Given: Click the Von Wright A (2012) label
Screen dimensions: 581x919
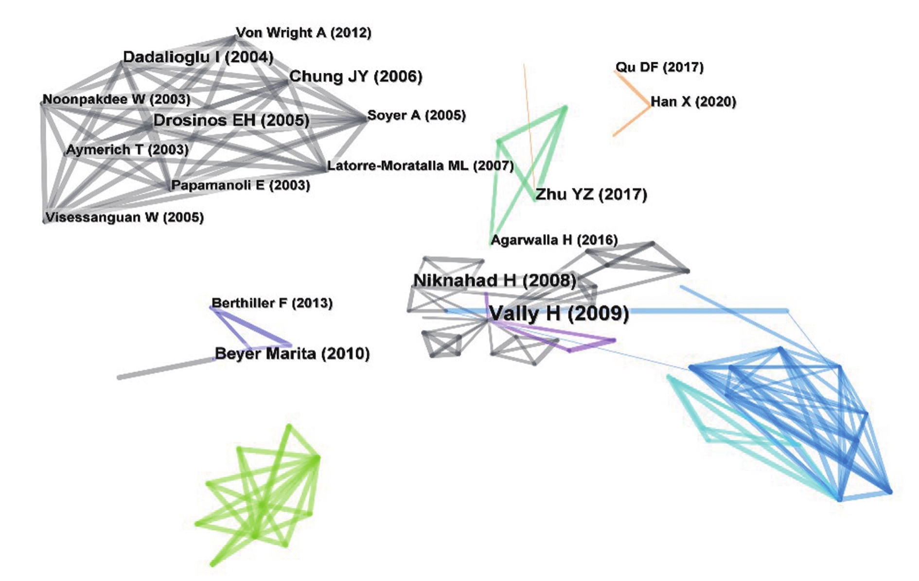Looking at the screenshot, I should coord(303,33).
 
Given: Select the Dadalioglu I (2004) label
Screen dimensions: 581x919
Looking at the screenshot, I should coord(198,57).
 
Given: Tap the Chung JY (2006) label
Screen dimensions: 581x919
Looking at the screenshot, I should coord(355,76).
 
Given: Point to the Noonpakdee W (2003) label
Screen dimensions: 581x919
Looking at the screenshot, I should coord(117,99).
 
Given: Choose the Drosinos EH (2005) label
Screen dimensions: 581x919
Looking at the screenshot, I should coord(231,120).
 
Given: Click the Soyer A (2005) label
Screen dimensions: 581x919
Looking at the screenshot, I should coord(416,115).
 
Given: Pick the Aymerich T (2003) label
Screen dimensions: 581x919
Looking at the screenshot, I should coord(127,149).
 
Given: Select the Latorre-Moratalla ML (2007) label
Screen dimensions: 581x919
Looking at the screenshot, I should coord(420,166).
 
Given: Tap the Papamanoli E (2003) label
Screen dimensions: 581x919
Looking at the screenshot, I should coord(240,185).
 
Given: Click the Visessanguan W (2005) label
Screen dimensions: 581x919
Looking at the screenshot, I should coord(124,217).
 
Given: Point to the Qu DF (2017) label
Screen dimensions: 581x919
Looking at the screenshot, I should coord(659,67).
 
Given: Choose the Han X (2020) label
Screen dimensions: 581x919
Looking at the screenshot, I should coord(693,102).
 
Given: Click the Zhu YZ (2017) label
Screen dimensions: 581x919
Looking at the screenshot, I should coord(591,195).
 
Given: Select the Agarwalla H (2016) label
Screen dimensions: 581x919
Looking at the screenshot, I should coord(554,240).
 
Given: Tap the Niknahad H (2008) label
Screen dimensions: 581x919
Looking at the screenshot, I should coord(495,280).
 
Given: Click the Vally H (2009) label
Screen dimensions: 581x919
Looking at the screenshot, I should coord(559,313).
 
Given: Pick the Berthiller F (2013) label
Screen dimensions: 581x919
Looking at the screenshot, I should coord(272,303).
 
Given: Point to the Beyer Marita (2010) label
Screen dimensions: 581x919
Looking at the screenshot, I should coord(292,353).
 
